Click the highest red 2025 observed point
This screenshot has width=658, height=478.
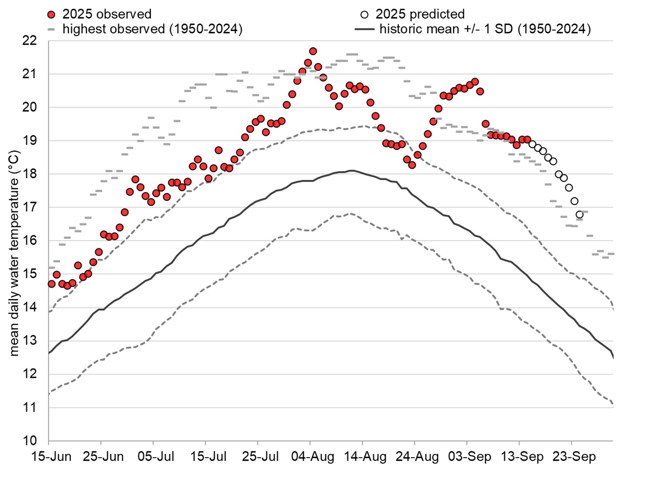coord(313,51)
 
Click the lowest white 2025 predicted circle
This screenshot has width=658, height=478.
coord(579,215)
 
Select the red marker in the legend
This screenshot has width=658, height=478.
coord(51,15)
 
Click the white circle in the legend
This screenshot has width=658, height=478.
coord(364,15)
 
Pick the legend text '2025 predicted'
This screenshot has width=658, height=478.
coord(420,14)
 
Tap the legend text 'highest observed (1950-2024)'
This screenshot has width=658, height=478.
coord(152,29)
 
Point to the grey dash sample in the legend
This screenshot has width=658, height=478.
coord(51,29)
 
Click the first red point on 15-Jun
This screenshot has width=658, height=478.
coord(51,284)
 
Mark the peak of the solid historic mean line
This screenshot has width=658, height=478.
coord(351,170)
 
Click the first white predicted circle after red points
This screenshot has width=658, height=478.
coord(532,144)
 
